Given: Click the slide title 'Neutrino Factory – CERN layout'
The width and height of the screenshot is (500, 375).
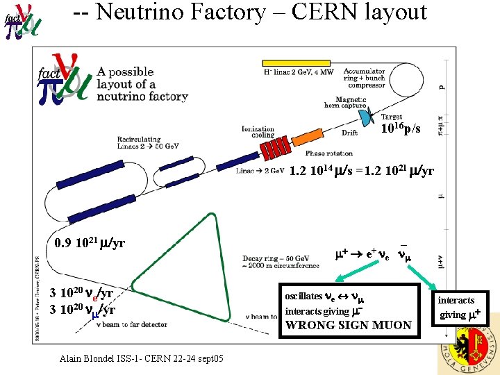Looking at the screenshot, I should coord(260,12).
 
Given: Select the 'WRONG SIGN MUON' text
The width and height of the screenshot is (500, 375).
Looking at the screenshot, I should coord(348,324).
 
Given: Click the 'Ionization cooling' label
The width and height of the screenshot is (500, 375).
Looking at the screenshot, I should coord(258,132).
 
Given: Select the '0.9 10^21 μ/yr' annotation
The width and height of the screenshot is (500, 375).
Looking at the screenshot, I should coord(89,244).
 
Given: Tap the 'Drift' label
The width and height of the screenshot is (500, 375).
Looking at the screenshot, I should coord(350,133).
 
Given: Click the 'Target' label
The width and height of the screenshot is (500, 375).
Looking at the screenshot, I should coord(391,117).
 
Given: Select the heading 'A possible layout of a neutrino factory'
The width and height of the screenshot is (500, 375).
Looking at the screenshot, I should coord(142,84).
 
